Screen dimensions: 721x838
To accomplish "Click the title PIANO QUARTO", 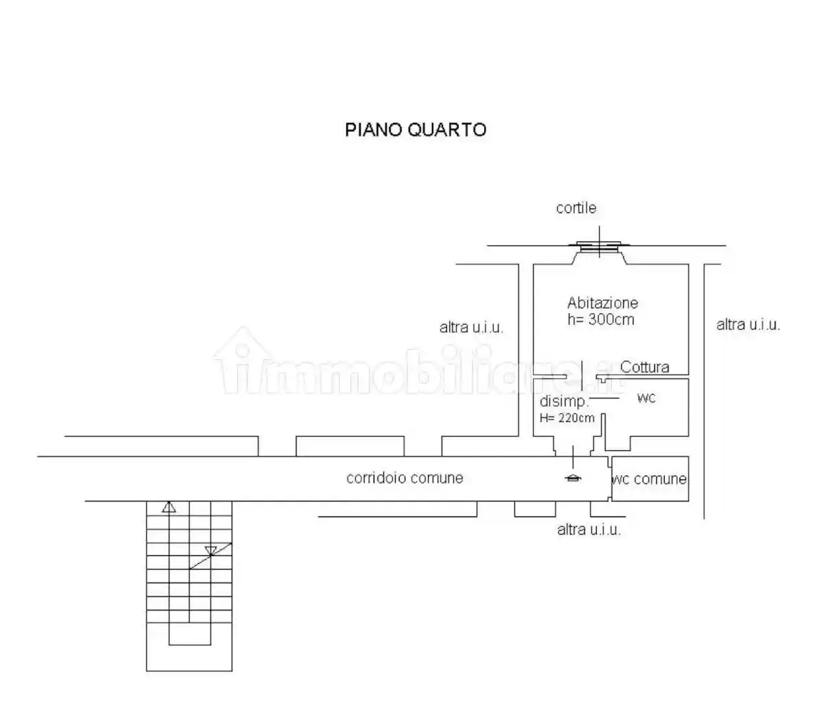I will (416, 129).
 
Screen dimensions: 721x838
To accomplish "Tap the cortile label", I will (576, 208).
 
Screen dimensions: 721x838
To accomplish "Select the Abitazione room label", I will (602, 303).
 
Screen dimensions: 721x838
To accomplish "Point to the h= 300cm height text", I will (601, 319).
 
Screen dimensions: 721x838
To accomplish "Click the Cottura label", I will (644, 367).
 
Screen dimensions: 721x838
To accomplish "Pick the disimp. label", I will (564, 401).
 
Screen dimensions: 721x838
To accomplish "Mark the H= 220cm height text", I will (567, 417).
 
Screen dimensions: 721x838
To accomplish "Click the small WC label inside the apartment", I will (646, 398).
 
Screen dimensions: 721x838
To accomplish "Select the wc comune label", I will (649, 479).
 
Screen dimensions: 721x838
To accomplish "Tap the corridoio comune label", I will (405, 478).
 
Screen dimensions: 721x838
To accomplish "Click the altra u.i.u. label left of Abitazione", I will (471, 328).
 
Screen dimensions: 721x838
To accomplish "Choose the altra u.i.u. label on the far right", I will (748, 325).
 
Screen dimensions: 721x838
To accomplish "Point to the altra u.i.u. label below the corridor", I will (589, 529).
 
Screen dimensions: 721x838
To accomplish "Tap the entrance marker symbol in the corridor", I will (573, 478).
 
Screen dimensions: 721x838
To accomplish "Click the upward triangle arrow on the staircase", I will (169, 507).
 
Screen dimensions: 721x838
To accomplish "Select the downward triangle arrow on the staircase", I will (211, 550).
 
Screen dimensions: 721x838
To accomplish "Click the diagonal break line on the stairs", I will (210, 556).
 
